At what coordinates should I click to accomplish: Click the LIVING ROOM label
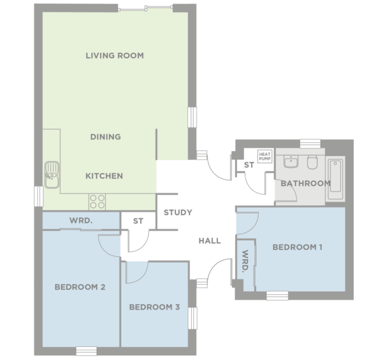coord(115,56)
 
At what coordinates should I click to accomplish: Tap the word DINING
coord(105,136)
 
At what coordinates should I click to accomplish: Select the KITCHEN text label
coord(104,176)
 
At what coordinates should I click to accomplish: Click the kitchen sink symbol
coord(52,174)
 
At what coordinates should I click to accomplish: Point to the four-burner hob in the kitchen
coord(97,201)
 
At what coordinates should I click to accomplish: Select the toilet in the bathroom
coord(313,163)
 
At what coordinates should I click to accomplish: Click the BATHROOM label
coord(305,183)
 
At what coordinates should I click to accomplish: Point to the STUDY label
coord(178,212)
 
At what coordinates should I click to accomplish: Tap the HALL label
coord(210,241)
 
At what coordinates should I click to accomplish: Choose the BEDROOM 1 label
coord(297,247)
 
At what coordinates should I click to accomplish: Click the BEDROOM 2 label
coord(80,287)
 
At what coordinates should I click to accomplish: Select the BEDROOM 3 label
coord(154,307)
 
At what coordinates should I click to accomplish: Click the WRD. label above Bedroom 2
coord(80,221)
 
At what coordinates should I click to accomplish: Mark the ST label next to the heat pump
coord(249,164)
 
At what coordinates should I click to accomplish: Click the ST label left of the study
coord(138,221)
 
